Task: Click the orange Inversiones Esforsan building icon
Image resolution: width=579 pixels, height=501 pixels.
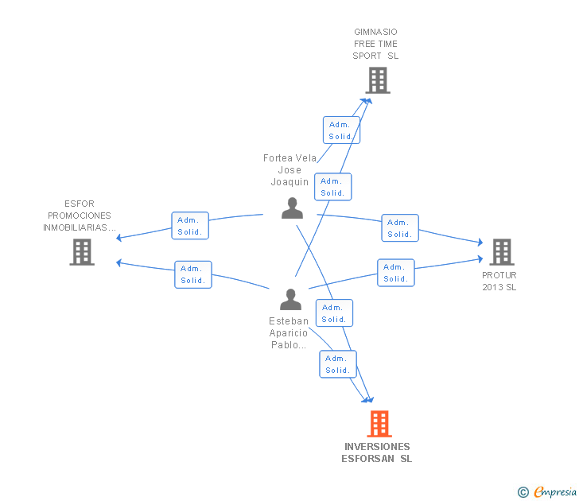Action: (x=379, y=424)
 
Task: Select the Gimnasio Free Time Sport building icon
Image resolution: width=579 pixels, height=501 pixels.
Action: (x=378, y=80)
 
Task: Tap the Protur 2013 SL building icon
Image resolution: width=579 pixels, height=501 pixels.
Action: (x=502, y=252)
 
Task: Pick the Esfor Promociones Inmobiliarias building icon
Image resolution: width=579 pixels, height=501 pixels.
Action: (x=82, y=252)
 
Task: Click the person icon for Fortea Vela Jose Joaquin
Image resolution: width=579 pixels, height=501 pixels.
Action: (x=292, y=208)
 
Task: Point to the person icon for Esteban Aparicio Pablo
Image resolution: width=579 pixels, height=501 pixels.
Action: (x=290, y=299)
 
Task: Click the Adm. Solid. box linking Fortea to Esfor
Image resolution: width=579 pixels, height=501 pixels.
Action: (x=190, y=226)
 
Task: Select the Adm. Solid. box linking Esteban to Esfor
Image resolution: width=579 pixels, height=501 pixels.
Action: (x=193, y=274)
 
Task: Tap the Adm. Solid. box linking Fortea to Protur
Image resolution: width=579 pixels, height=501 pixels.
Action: (x=400, y=227)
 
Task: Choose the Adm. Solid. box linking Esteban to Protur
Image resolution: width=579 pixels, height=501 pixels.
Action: (x=396, y=273)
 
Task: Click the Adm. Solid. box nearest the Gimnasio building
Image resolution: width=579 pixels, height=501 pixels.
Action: (x=341, y=130)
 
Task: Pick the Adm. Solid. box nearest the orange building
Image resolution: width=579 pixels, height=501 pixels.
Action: (x=338, y=364)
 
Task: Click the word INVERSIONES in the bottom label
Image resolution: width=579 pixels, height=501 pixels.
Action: (x=377, y=447)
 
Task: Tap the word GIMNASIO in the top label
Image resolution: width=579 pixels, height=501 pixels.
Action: (x=375, y=32)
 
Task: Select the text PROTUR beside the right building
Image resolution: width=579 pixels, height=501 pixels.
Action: (x=499, y=275)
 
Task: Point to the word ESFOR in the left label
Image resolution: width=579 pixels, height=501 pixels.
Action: (x=80, y=204)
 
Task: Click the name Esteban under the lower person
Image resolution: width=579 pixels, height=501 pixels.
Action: (x=289, y=320)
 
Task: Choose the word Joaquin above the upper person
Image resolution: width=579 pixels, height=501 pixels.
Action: (x=289, y=182)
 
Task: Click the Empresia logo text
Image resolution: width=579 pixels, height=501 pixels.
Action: (x=555, y=491)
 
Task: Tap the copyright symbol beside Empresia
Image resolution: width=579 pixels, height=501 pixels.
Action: (x=523, y=492)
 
